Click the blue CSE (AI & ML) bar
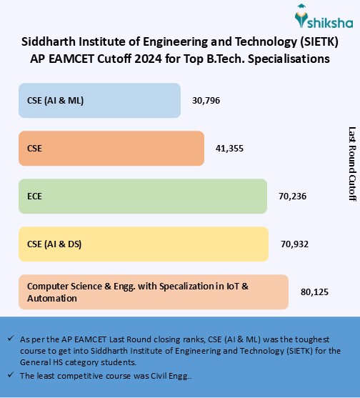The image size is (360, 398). (99, 100)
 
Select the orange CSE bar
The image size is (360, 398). (111, 148)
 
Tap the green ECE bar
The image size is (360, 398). (143, 196)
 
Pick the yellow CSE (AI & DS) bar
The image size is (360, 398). (144, 244)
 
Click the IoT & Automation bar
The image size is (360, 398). (154, 292)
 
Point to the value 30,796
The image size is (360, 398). (206, 100)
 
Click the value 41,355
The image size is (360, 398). (229, 148)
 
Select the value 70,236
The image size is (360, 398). (292, 196)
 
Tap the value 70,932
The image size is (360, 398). (294, 244)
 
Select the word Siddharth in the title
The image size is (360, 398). (48, 41)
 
